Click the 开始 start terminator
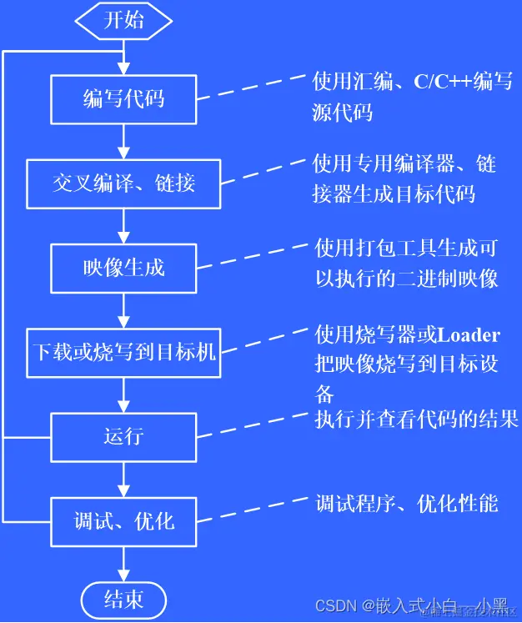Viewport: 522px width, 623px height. [123, 21]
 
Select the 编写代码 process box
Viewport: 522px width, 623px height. [123, 99]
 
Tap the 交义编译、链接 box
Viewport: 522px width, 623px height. [123, 183]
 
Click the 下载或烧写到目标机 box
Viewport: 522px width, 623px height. [123, 351]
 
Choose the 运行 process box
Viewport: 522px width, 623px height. [123, 436]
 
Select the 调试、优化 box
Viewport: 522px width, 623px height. [123, 521]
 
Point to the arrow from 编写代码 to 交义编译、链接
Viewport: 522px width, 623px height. [123, 142]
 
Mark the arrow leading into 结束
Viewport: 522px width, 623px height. [123, 563]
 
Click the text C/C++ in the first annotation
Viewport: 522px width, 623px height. [442, 82]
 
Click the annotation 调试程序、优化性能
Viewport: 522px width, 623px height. [406, 503]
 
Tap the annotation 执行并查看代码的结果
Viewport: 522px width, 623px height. [416, 419]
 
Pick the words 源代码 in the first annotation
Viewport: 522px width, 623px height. [342, 112]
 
